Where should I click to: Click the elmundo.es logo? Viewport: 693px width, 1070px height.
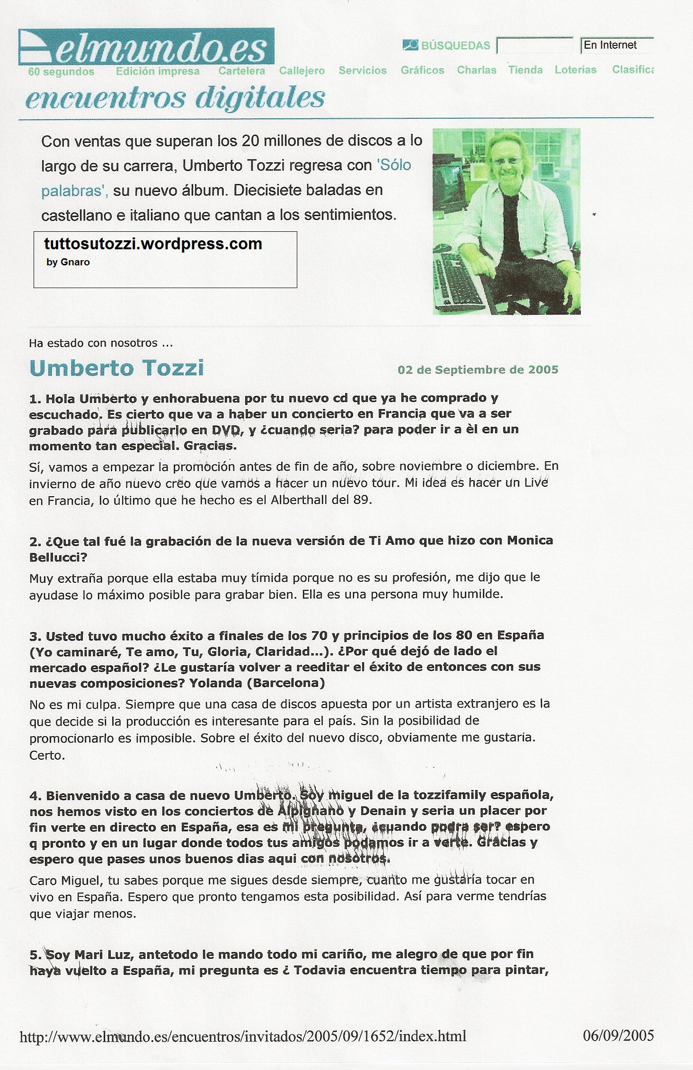(x=146, y=47)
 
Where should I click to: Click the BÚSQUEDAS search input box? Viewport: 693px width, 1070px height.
(x=535, y=46)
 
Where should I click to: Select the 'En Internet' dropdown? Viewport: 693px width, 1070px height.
(x=616, y=45)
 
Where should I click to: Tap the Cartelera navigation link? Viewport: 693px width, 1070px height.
(x=241, y=71)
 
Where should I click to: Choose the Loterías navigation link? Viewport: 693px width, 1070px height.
(x=575, y=70)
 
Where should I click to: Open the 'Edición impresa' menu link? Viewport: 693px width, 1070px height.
(x=158, y=71)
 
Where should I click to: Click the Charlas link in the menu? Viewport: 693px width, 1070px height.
(x=476, y=70)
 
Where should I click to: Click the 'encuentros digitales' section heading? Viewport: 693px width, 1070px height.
(x=175, y=98)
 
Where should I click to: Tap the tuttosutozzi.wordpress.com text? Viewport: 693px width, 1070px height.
(x=153, y=244)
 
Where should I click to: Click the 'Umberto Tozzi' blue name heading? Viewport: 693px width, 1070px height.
(x=116, y=368)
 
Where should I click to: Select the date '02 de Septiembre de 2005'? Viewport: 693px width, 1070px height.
(x=478, y=369)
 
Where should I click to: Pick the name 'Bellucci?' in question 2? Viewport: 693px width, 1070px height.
(x=58, y=557)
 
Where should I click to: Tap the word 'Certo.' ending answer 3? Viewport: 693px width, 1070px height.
(x=47, y=755)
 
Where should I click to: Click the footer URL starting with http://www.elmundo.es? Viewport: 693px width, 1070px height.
(x=243, y=1036)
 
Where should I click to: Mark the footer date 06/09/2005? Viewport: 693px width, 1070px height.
(x=619, y=1035)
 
